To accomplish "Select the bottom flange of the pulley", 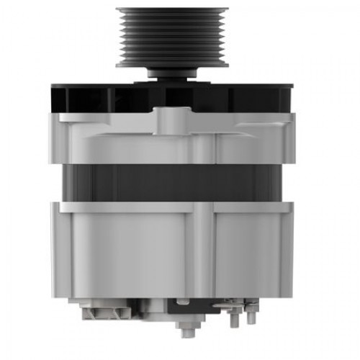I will (x=172, y=64).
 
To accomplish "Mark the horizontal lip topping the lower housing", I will (x=172, y=206).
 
